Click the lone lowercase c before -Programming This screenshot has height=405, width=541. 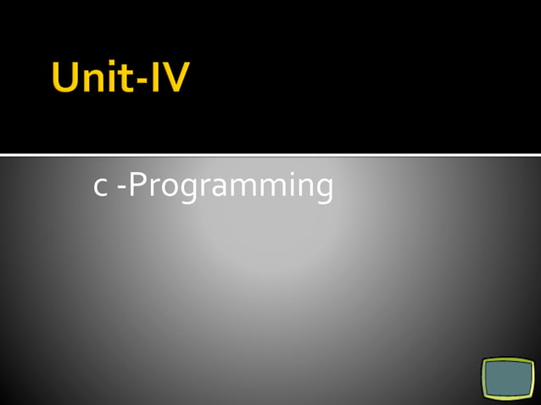coord(100,188)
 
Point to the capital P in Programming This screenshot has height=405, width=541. coord(137,185)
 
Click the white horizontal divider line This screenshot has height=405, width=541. coord(270,154)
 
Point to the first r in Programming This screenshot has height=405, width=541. coord(152,188)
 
